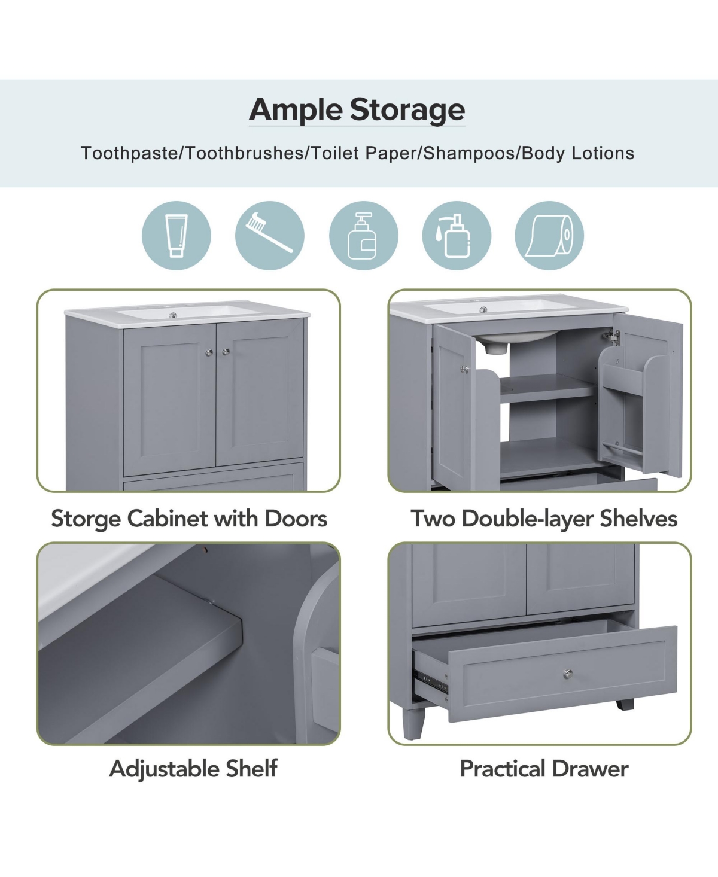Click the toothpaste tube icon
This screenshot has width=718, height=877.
[177, 235]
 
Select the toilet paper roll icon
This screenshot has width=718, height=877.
[549, 236]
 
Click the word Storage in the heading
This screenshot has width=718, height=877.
[407, 110]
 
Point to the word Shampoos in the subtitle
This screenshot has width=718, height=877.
[469, 153]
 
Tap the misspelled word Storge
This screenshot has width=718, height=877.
[87, 519]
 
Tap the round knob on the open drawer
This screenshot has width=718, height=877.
[568, 673]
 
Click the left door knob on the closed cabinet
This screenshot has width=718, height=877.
[209, 352]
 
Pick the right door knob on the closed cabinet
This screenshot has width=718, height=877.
[226, 352]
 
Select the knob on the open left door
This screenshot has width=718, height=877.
[464, 369]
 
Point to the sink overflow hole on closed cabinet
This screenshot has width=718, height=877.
[173, 316]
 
